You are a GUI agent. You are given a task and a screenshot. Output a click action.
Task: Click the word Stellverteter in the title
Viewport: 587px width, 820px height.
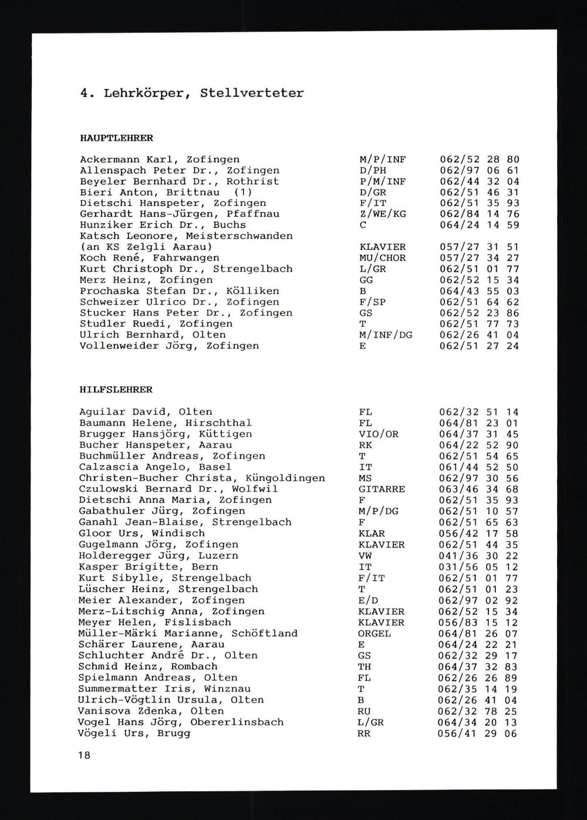tap(252, 93)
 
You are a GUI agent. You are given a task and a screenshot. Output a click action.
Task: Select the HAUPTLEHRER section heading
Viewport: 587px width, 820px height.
tap(116, 139)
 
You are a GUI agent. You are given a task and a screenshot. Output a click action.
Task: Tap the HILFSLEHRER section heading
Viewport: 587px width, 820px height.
tap(116, 390)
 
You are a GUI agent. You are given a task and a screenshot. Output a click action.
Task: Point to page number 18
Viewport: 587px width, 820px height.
tap(84, 755)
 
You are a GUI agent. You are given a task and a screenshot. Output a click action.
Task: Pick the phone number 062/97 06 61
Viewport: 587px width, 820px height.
tap(480, 171)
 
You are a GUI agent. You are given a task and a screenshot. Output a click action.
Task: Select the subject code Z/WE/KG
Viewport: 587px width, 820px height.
tap(382, 214)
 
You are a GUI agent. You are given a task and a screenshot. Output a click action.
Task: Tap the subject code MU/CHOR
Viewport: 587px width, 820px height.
tap(382, 258)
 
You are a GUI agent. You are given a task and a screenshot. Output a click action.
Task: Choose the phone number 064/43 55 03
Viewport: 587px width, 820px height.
tap(480, 291)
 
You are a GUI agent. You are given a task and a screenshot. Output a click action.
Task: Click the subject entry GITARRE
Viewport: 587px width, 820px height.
tap(382, 489)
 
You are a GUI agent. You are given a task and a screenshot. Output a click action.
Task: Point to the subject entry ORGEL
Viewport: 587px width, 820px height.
tap(375, 634)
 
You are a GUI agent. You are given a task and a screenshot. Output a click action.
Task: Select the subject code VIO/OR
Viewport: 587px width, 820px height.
tap(378, 434)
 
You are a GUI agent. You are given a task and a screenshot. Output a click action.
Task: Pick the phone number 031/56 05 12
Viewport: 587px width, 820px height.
tap(478, 567)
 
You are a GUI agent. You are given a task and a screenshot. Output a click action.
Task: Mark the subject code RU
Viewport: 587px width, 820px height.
tap(364, 711)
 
